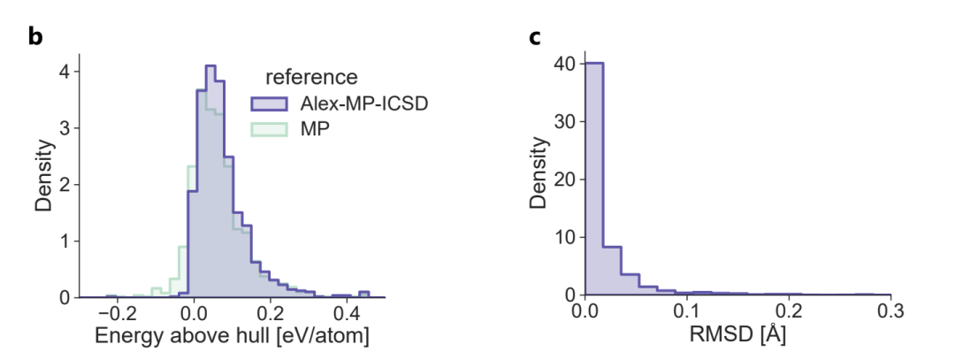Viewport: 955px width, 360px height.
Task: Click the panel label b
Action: pos(35,38)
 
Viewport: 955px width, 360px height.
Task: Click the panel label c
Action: pos(534,38)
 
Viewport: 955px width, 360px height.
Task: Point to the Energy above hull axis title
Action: pos(233,337)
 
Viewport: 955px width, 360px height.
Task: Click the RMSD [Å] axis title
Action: pos(737,337)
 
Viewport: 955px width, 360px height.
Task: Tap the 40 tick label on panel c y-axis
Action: pos(565,64)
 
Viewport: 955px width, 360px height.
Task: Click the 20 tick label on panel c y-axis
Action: pos(565,179)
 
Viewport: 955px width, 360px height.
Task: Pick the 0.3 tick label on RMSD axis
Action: pos(890,313)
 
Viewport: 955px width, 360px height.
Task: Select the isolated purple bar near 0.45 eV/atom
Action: pos(363,294)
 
